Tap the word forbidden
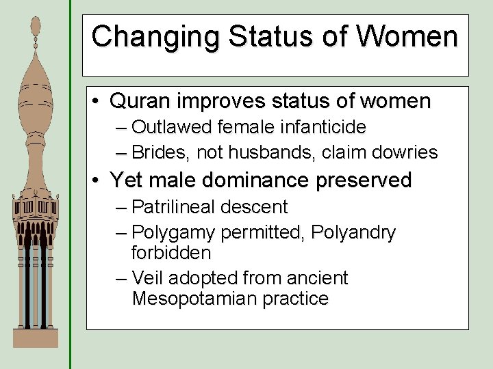[171, 253]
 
